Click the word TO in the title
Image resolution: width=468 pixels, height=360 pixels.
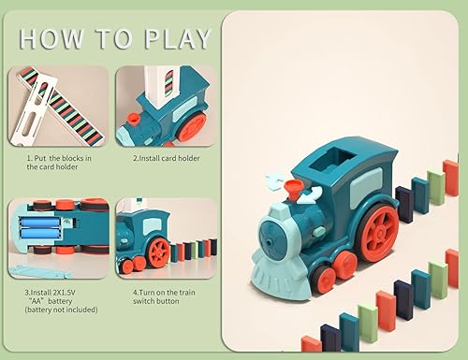(x=113, y=38)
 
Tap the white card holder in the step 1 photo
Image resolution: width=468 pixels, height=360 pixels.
(x=25, y=99)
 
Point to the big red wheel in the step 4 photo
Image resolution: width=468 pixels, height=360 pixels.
(x=159, y=250)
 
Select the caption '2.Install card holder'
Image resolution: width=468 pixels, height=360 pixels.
(x=166, y=159)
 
